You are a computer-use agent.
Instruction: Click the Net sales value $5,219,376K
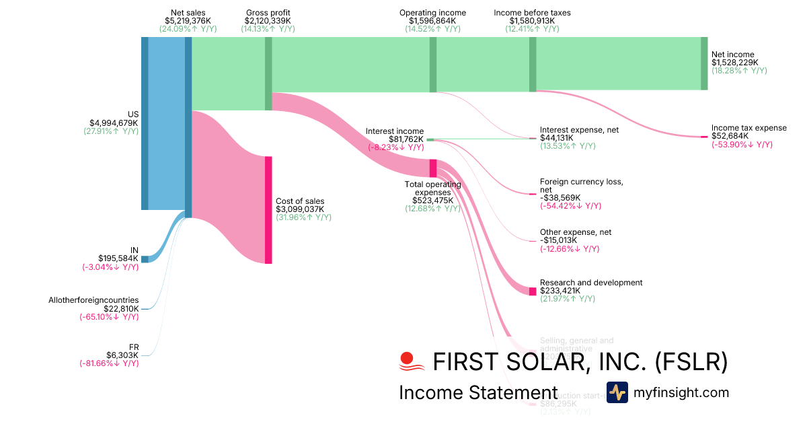[188, 21]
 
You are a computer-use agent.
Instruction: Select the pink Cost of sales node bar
[268, 209]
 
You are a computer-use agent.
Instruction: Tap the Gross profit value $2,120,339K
[268, 21]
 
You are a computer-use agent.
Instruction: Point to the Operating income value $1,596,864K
[432, 21]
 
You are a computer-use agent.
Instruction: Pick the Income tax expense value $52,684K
[730, 136]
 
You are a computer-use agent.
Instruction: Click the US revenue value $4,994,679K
[114, 122]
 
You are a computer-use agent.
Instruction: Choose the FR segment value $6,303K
[125, 355]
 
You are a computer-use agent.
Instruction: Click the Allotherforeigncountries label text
[93, 300]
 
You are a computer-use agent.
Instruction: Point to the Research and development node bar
[533, 291]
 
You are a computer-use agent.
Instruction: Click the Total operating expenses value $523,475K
[432, 200]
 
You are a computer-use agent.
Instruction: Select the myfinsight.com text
[681, 392]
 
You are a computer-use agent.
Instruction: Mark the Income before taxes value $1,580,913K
[532, 21]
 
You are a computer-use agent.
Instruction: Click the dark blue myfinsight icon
[617, 392]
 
